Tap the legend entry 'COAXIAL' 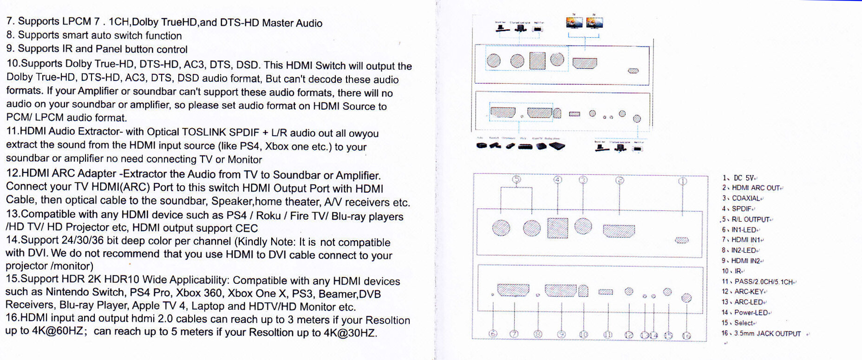(x=746, y=198)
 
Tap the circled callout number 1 (x=682, y=181)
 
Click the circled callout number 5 (x=516, y=179)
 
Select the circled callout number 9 (x=561, y=334)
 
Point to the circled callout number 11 (x=607, y=334)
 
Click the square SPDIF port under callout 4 (x=557, y=228)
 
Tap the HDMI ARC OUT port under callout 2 (x=619, y=231)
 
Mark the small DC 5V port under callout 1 (x=681, y=240)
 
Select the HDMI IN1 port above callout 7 (x=513, y=290)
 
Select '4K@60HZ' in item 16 (x=58, y=331)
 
